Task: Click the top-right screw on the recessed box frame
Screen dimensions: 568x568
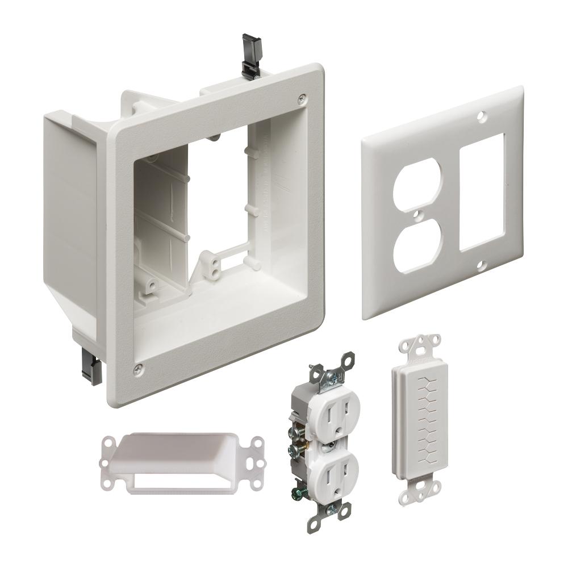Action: [302, 97]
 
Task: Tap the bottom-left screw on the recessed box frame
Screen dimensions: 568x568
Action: [137, 370]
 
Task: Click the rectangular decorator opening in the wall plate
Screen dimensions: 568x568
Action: [481, 192]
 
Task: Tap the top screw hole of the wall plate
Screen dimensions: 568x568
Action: [481, 116]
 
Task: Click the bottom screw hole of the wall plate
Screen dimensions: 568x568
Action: [482, 265]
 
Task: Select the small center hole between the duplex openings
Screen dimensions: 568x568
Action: [418, 214]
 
